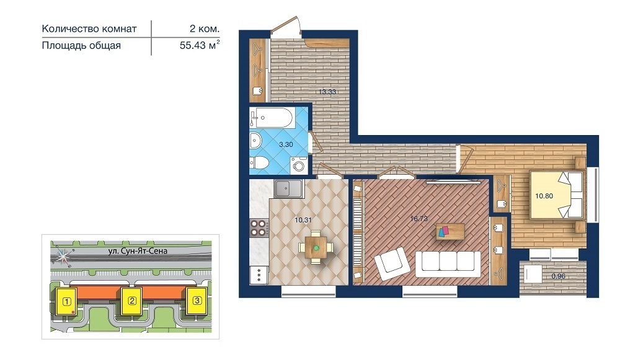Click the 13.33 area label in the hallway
point(327,92)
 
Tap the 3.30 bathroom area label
point(286,144)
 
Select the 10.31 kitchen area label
point(303,220)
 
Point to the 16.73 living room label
point(418,219)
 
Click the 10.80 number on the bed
point(544,196)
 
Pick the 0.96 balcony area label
point(559,276)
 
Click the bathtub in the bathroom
point(272,118)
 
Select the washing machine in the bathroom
point(299,165)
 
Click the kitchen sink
point(289,188)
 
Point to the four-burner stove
point(259,227)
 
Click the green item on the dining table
point(316,247)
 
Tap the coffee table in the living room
point(450,231)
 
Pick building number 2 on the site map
point(132,301)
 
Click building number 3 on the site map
point(197,301)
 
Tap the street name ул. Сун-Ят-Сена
point(138,251)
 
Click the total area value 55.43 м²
point(200,45)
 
